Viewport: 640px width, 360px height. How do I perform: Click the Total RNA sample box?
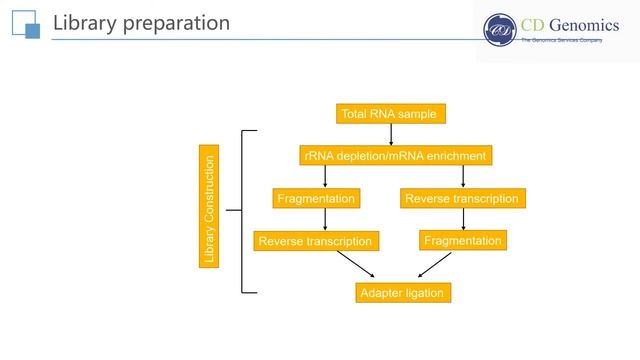(x=390, y=114)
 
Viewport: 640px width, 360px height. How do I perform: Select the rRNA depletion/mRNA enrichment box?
(x=396, y=156)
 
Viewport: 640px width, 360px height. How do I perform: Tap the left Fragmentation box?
(x=316, y=199)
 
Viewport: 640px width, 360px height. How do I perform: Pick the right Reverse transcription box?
(x=462, y=199)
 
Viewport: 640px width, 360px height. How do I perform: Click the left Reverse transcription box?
(x=315, y=241)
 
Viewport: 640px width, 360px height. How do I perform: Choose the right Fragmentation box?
(x=462, y=241)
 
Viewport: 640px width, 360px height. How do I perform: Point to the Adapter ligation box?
(x=401, y=293)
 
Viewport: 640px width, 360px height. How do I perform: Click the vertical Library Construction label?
(x=209, y=209)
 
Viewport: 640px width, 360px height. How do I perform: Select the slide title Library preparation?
(x=140, y=22)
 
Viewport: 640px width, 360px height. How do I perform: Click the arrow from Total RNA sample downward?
(x=390, y=134)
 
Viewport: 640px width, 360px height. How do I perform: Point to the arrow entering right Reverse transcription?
(x=463, y=177)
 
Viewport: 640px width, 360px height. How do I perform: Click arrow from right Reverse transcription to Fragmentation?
(x=463, y=220)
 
